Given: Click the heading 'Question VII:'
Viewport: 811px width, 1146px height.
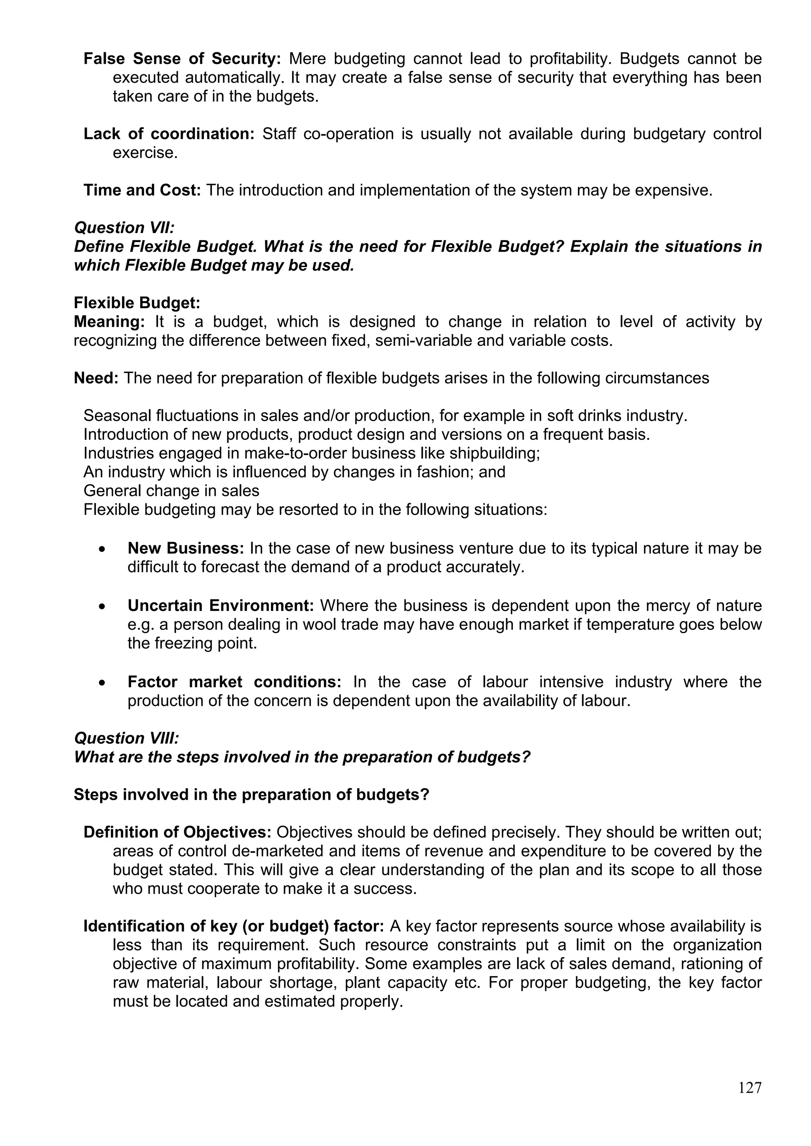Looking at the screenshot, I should tap(124, 228).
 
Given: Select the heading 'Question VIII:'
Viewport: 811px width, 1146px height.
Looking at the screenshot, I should tap(126, 738).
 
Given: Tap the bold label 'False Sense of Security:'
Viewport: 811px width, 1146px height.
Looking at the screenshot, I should tap(182, 59).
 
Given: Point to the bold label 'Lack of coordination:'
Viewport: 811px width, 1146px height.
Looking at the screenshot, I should tap(169, 134).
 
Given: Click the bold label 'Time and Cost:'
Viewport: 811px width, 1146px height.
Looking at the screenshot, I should tap(142, 190).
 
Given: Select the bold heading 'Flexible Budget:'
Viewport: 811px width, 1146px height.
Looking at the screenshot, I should tap(137, 303).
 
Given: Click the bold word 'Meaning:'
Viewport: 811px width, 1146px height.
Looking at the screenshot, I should tap(109, 322).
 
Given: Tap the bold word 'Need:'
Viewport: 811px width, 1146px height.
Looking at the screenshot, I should tap(96, 378).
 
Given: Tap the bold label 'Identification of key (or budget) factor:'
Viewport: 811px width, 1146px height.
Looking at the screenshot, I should tap(233, 926).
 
